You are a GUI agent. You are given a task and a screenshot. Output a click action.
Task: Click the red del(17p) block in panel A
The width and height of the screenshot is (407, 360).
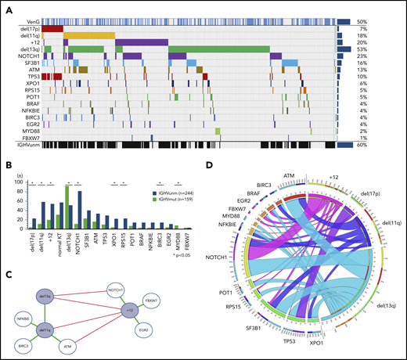[x=52, y=29]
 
